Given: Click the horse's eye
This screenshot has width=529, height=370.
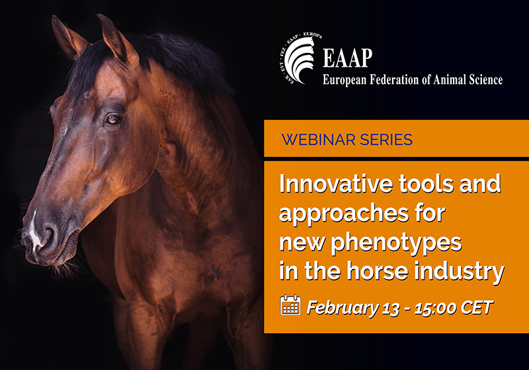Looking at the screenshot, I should click(x=113, y=119).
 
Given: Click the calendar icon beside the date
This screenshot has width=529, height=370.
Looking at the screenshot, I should click(x=290, y=305).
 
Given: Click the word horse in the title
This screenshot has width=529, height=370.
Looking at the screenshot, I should click(x=380, y=271).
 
